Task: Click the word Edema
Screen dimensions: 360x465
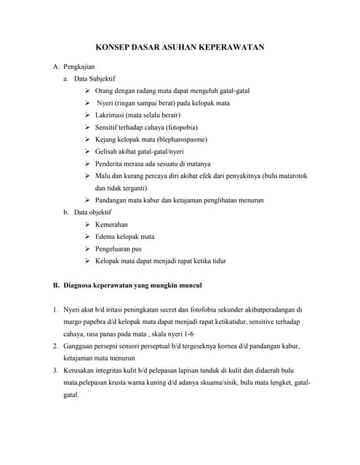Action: pyautogui.click(x=106, y=237)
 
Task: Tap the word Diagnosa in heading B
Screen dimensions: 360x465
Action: pyautogui.click(x=81, y=285)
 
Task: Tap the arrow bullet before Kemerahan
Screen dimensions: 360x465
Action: pyautogui.click(x=87, y=225)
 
